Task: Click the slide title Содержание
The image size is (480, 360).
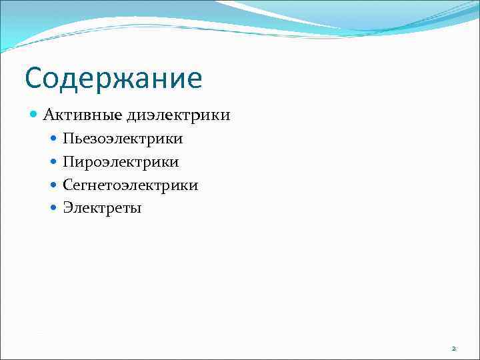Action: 113,78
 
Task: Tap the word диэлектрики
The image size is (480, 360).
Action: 177,115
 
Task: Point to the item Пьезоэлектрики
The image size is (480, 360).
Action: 123,139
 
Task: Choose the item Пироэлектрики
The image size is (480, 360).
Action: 121,162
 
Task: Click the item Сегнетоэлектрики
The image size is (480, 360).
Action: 131,185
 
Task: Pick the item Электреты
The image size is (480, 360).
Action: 102,208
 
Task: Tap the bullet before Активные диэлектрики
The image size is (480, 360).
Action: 35,115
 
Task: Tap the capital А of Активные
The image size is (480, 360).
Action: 49,115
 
